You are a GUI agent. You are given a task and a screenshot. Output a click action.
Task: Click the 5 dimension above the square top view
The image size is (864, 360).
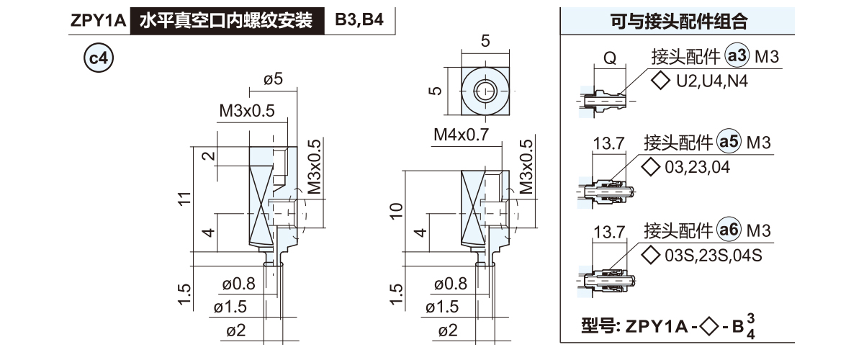point(485,41)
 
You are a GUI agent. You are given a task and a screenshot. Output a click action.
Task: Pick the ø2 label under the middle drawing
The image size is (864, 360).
point(448,330)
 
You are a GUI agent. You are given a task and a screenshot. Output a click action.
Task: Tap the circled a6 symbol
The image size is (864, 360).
point(729,230)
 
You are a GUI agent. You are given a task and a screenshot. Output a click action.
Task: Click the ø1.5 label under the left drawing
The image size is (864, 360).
point(230,307)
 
